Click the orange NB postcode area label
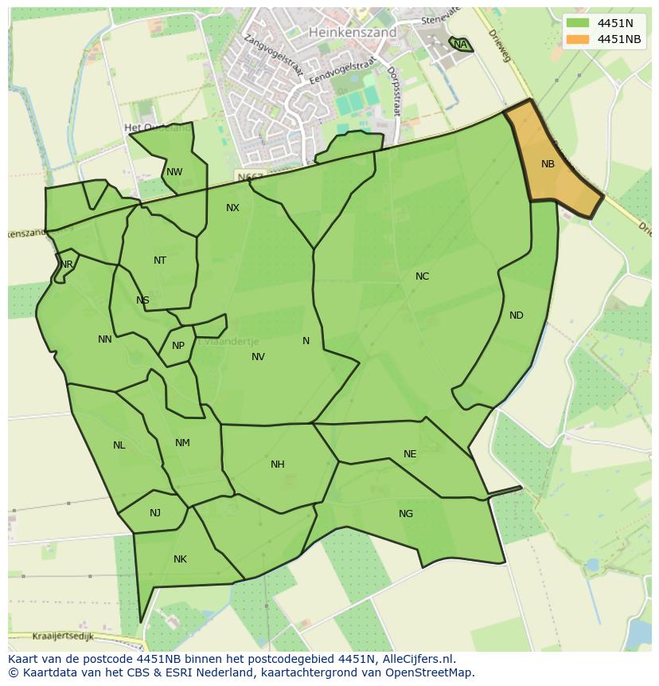point(548,164)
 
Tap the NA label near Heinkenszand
point(460,45)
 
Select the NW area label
point(174,172)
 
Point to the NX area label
point(232,208)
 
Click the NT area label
point(160,261)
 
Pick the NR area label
point(67,265)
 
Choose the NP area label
point(178,346)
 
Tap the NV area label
point(258,357)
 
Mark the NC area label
point(422,276)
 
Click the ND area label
point(517,316)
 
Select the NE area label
point(410,454)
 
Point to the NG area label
point(406,514)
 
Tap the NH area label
point(277,465)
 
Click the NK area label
point(180,559)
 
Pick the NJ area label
point(155,513)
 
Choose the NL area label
point(119,445)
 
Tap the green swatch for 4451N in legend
point(579,23)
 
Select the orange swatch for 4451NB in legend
point(579,39)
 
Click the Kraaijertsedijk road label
point(64,637)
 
